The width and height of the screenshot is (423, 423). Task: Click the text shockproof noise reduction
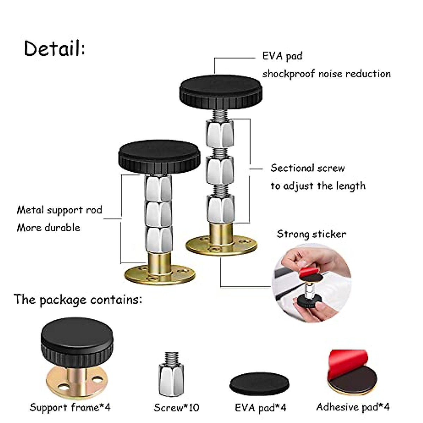(x=326, y=74)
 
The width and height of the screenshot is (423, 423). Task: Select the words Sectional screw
(x=307, y=168)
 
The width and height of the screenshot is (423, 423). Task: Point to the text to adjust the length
(x=318, y=186)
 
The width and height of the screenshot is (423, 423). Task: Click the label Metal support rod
(x=59, y=210)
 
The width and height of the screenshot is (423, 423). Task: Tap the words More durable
(x=48, y=228)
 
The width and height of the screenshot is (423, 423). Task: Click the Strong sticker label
(x=311, y=234)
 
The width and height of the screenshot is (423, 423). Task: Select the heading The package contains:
(x=78, y=300)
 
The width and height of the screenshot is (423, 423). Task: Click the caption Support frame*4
(x=70, y=407)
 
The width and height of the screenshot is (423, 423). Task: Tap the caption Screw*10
(x=176, y=408)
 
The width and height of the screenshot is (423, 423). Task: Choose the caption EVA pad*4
(x=260, y=408)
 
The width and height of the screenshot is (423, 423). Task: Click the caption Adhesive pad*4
(x=352, y=407)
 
